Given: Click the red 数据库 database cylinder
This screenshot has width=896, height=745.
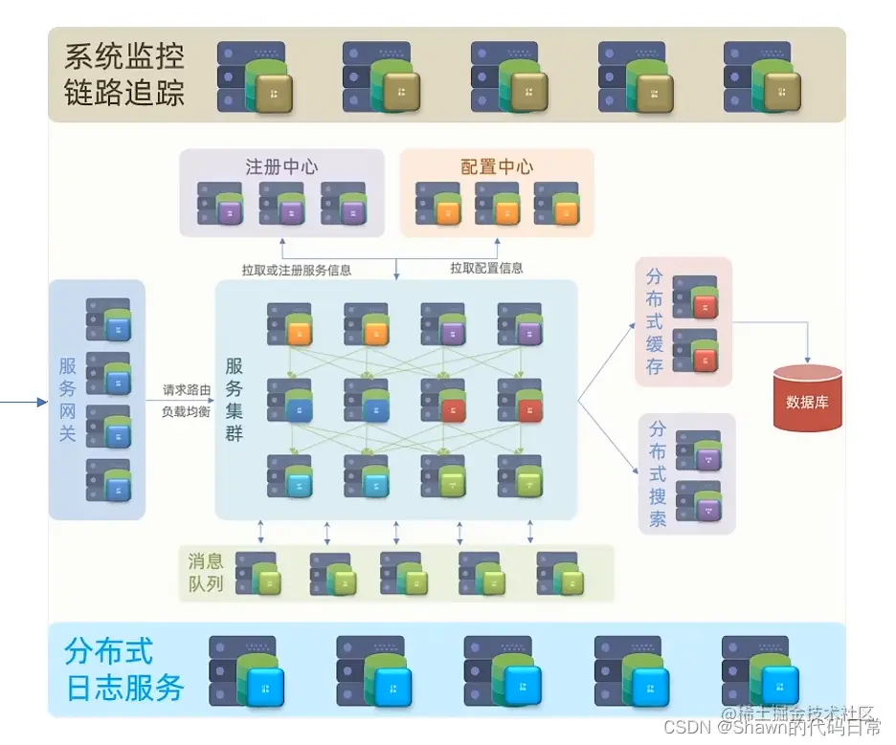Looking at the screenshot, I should (807, 399).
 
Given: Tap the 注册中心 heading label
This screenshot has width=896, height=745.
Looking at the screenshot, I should (281, 166).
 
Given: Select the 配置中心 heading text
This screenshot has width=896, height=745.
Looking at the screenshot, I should (497, 166).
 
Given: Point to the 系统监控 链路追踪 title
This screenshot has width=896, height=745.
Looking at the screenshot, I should (124, 75).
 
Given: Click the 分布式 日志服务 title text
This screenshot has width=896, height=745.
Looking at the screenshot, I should (124, 669).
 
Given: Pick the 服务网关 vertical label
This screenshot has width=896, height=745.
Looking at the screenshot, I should (67, 399).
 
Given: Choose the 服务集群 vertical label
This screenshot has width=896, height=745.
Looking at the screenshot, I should (235, 400).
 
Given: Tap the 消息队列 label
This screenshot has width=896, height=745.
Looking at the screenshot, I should (206, 572).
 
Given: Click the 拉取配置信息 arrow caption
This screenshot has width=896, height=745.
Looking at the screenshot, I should (486, 269).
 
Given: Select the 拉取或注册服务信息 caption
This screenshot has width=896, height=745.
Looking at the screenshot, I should (297, 270).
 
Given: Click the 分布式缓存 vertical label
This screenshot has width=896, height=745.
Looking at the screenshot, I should (655, 321).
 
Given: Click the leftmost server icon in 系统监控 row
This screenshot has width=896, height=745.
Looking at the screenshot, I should (254, 77).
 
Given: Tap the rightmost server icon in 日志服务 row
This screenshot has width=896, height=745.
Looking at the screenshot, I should (760, 672).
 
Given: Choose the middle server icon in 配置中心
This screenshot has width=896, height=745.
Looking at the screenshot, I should (497, 204).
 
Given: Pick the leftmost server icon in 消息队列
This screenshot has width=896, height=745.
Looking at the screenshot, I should (258, 573).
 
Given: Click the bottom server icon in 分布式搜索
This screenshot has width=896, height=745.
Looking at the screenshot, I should (698, 500).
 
